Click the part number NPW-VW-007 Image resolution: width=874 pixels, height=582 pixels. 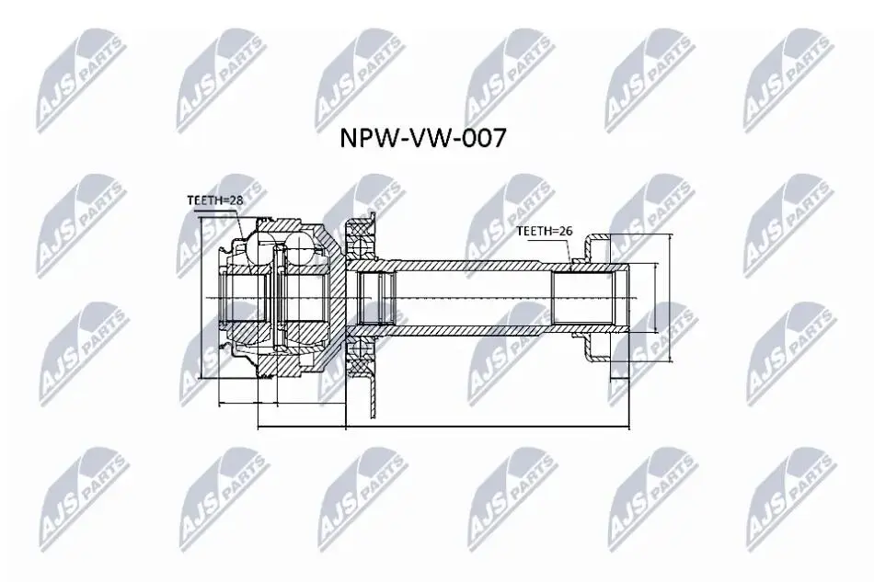pyautogui.click(x=423, y=138)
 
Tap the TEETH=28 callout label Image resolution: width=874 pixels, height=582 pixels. pyautogui.click(x=215, y=200)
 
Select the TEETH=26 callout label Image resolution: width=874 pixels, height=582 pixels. pyautogui.click(x=545, y=231)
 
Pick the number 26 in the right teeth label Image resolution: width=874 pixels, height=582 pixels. pyautogui.click(x=567, y=231)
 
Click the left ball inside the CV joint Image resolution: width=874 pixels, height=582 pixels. pyautogui.click(x=259, y=248)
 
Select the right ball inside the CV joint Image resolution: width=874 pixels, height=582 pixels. pyautogui.click(x=301, y=248)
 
